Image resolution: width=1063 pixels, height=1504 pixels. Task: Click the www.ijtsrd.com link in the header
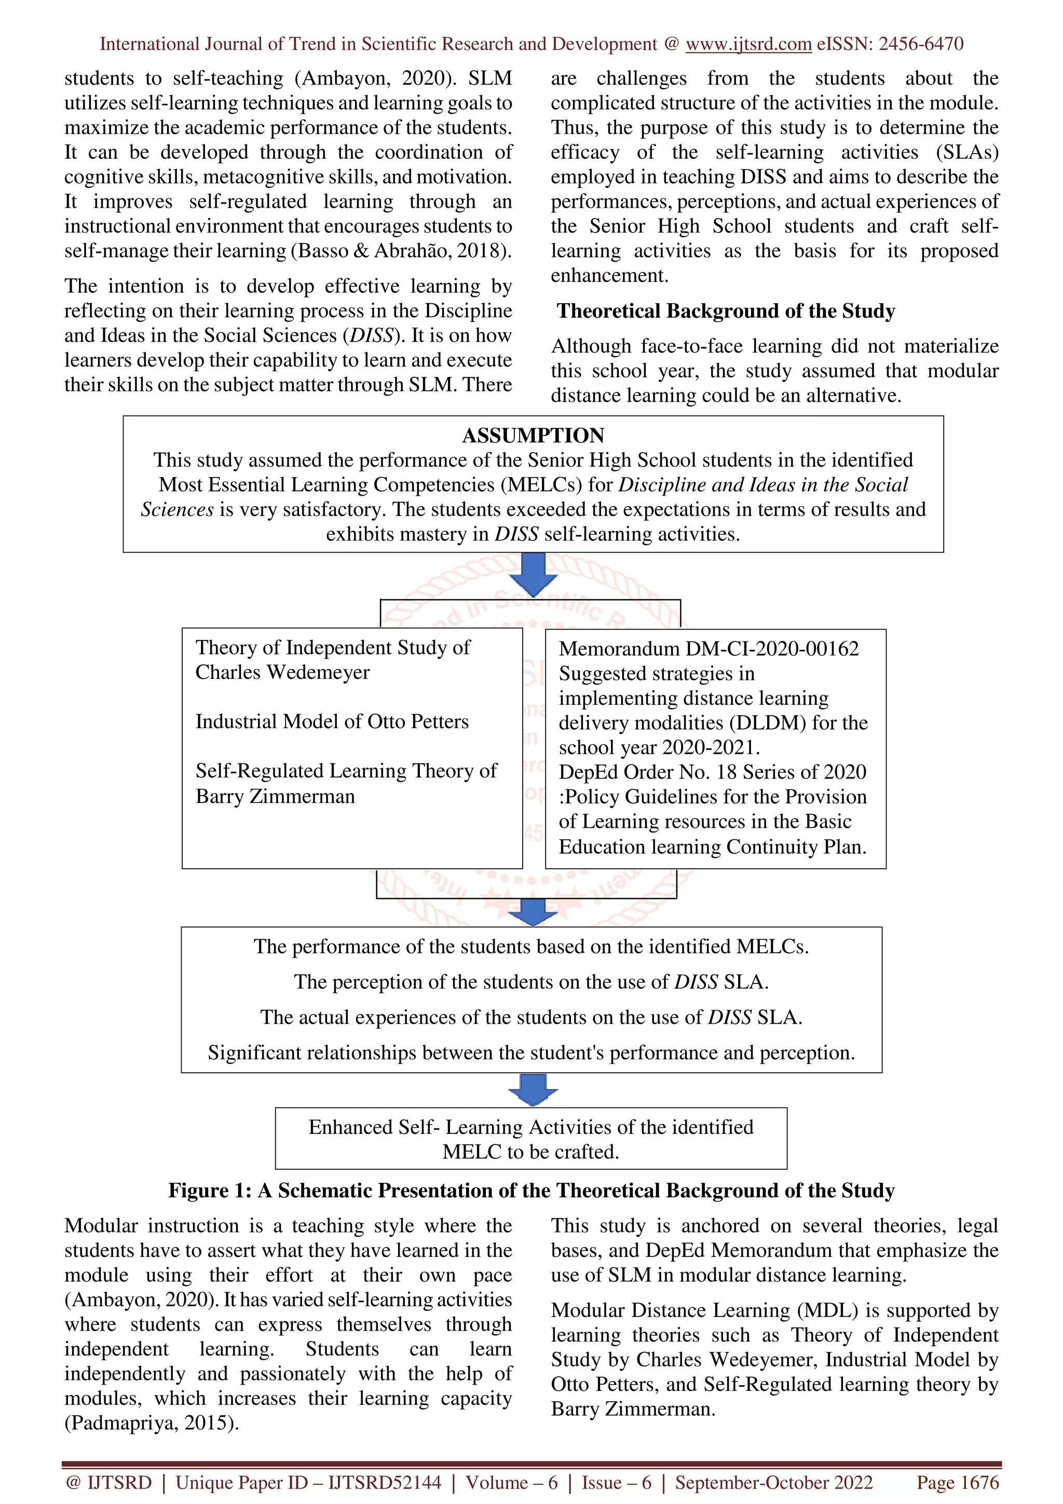point(748,44)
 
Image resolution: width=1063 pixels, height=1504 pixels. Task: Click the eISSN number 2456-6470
point(920,44)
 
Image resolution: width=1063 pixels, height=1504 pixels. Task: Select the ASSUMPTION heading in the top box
point(533,435)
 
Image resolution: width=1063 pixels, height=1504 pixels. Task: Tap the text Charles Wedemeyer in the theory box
point(282,673)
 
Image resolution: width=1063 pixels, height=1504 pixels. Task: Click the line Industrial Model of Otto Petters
point(332,722)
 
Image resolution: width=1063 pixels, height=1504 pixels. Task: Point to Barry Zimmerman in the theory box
point(275,797)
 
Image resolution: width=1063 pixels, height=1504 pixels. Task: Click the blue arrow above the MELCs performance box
point(533,910)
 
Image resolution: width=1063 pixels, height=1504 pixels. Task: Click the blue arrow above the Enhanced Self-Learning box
point(533,1090)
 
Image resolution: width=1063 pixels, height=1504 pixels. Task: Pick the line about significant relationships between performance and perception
point(531,1052)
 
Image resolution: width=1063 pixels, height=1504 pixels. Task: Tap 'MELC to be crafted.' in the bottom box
point(530,1152)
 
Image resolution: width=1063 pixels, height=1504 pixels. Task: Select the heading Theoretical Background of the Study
point(726,311)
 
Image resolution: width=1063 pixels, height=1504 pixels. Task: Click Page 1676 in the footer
point(958,1482)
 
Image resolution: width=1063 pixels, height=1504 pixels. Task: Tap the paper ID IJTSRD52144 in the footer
point(385,1482)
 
